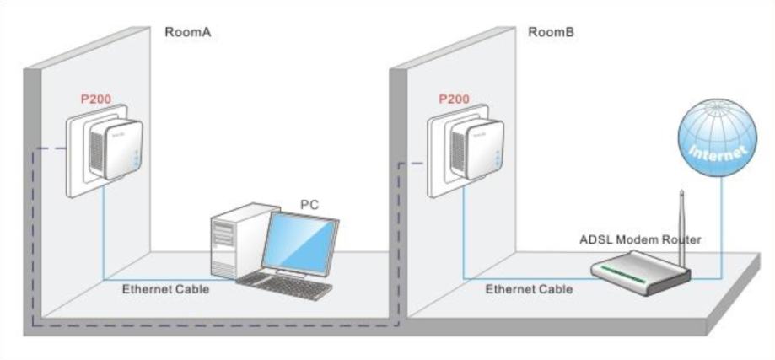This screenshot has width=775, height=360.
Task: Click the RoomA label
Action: (188, 33)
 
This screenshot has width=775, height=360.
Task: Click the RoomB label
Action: (552, 33)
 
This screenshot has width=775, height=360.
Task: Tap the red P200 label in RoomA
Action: (96, 99)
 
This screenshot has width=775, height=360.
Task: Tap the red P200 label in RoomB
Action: (455, 99)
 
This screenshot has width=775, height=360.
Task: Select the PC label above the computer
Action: (309, 204)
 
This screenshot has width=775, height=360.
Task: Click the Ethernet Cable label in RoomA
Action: (165, 289)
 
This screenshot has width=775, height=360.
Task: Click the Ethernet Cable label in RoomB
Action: (529, 289)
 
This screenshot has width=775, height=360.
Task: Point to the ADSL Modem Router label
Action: (640, 240)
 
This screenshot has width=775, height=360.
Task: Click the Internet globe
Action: (717, 137)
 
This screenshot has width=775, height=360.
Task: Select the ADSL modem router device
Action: (641, 272)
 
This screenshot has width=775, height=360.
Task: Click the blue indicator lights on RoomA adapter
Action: (136, 158)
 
